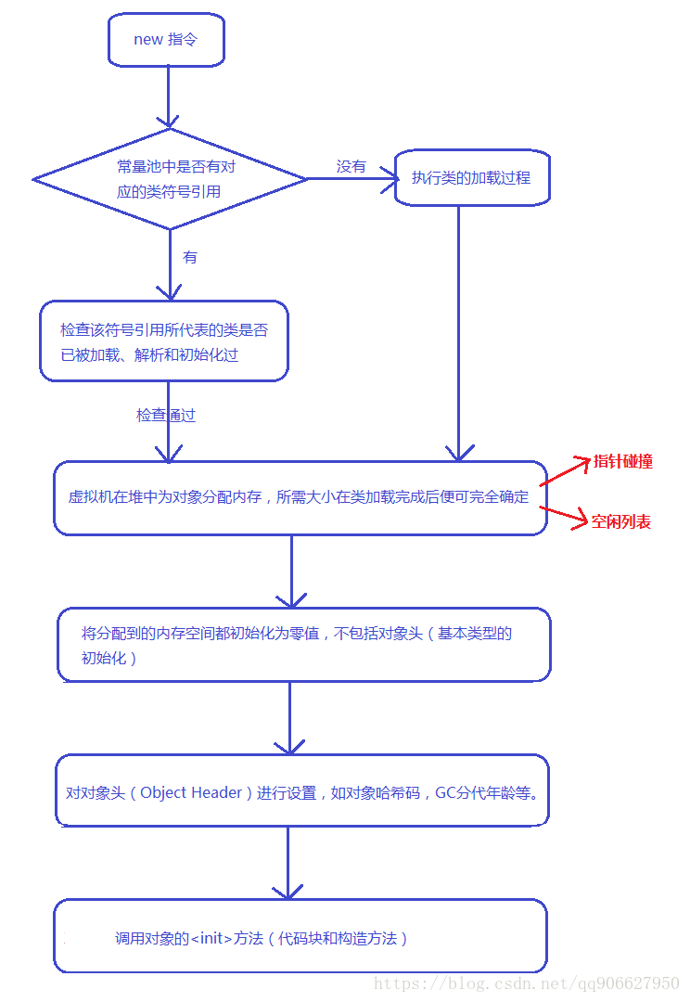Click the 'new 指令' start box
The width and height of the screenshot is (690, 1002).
(166, 40)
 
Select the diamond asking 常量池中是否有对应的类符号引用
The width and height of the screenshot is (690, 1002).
(170, 179)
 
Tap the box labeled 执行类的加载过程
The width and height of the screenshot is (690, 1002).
(471, 177)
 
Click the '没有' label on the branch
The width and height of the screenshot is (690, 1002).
(351, 166)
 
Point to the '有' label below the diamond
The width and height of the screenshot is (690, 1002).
(190, 257)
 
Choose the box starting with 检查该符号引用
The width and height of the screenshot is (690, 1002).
(164, 340)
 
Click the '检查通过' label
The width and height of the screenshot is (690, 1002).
(166, 416)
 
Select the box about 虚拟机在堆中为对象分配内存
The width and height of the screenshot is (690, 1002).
(300, 497)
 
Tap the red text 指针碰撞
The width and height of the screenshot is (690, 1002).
(623, 461)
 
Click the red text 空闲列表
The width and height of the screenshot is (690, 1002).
(621, 521)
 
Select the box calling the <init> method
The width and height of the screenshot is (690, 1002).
(300, 937)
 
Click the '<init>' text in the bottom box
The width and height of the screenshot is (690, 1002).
(211, 938)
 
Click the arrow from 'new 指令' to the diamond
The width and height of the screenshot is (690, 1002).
(168, 96)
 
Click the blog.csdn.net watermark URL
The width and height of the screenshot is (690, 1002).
(526, 983)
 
